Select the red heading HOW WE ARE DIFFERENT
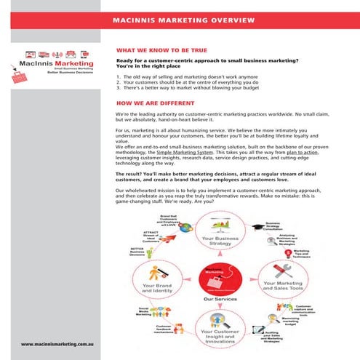pos(149,104)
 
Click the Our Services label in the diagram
pos(218,299)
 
